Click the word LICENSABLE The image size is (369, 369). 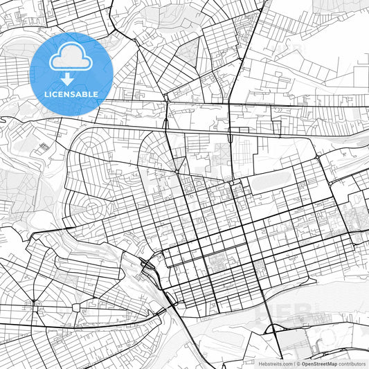click(x=71, y=93)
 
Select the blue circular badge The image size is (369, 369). click(x=71, y=73)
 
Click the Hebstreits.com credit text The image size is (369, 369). click(x=276, y=363)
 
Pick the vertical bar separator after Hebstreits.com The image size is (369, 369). click(x=294, y=363)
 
